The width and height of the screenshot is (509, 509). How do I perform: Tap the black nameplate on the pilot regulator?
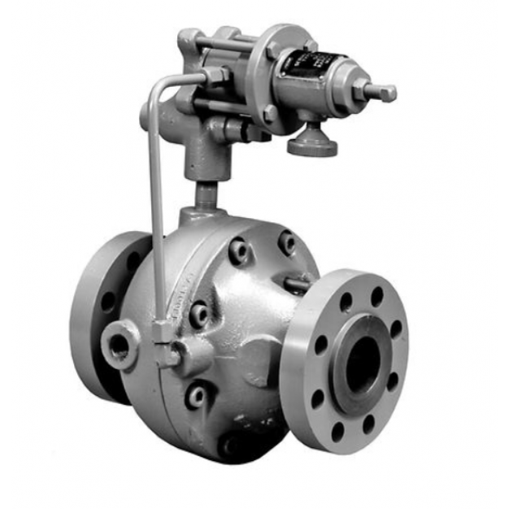pos(307,63)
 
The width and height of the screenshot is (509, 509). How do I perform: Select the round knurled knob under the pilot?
pos(312,143)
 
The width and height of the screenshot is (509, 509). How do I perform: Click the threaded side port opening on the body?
pos(120,346)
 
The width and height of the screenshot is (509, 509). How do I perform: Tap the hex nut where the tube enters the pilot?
pos(215,76)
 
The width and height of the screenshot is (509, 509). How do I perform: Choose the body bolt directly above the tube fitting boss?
pos(198,314)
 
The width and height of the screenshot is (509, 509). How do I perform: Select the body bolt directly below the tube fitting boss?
pos(196,396)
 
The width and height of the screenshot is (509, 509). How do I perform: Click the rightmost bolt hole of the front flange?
pos(396,329)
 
